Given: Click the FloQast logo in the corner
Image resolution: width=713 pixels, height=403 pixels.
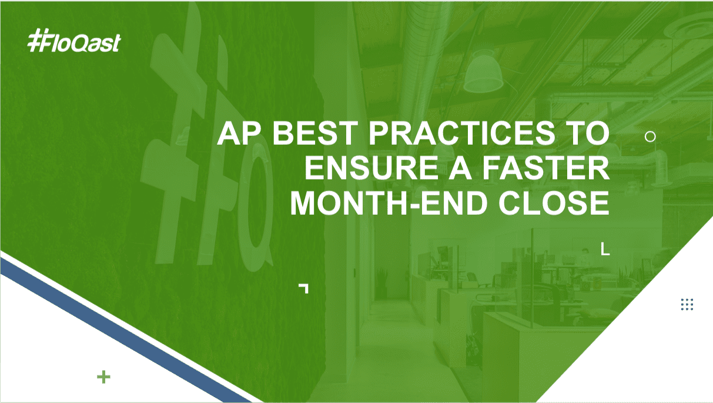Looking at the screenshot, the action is (74, 41).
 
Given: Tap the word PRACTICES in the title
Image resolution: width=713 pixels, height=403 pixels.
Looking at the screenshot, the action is (462, 133).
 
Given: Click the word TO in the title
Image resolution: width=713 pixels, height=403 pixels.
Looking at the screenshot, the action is (586, 133).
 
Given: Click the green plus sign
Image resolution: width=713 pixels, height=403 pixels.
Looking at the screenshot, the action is (104, 377).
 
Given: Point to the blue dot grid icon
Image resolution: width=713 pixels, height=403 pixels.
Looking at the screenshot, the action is (687, 305).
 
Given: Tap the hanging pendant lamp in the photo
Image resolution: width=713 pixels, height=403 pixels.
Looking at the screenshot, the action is (483, 74).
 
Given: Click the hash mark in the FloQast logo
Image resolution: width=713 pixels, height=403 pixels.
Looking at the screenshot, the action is (35, 40).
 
